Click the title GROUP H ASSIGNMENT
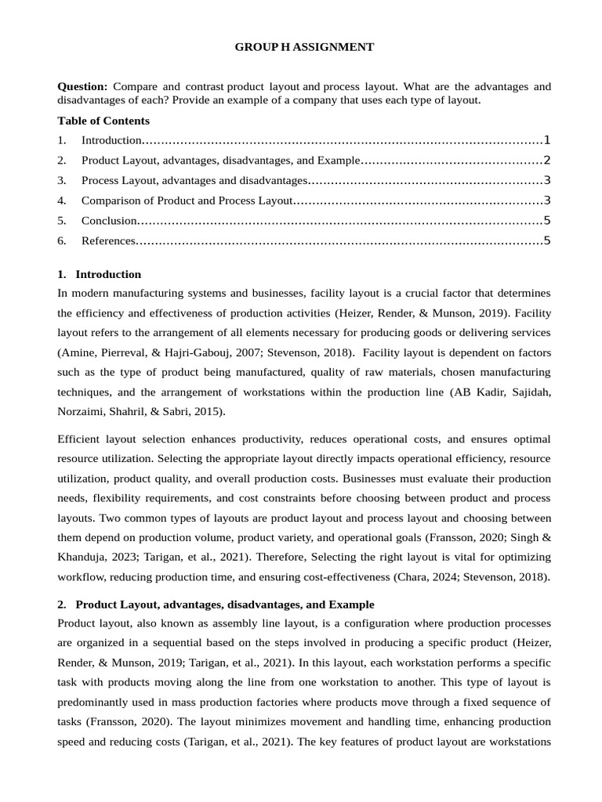(x=304, y=48)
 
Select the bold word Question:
(x=83, y=86)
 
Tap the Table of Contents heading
(x=103, y=121)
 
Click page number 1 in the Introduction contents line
(x=547, y=140)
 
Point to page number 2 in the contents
(x=547, y=161)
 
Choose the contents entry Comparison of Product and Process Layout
(x=187, y=200)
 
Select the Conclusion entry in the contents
(x=109, y=221)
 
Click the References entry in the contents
(x=108, y=240)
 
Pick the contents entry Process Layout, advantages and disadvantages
(x=194, y=181)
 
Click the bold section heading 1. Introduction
(x=100, y=274)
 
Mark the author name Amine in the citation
(x=78, y=352)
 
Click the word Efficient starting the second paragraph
(x=82, y=439)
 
